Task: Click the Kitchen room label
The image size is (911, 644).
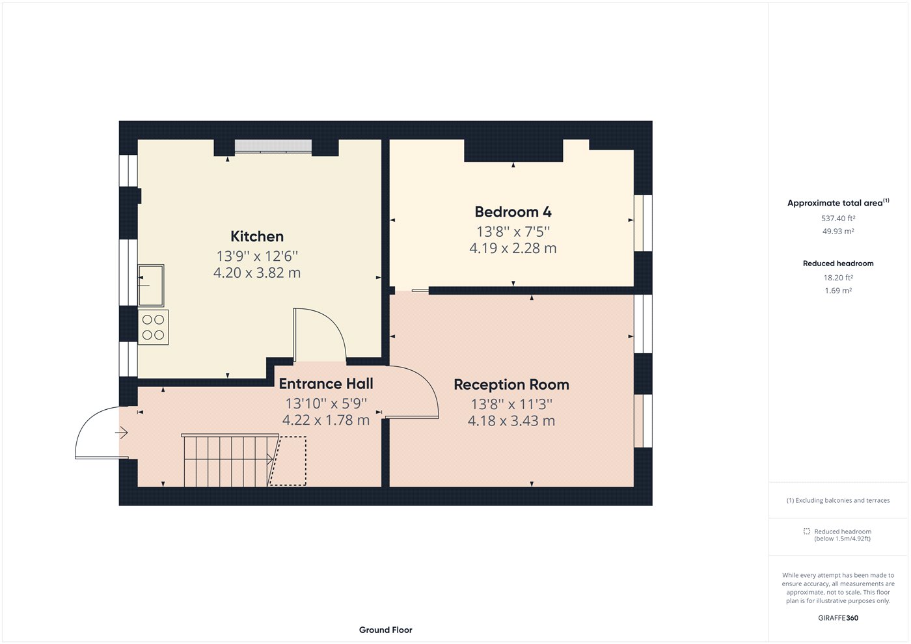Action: pyautogui.click(x=257, y=237)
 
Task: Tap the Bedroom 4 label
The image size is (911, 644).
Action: pyautogui.click(x=513, y=212)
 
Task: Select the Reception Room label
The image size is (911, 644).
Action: pyautogui.click(x=511, y=385)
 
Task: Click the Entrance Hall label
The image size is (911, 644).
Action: pyautogui.click(x=326, y=384)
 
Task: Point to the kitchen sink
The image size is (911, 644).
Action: pyautogui.click(x=151, y=285)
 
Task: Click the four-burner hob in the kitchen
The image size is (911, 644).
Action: pyautogui.click(x=153, y=327)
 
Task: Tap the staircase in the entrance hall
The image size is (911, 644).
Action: pyautogui.click(x=226, y=461)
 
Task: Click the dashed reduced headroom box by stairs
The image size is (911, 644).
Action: pyautogui.click(x=289, y=461)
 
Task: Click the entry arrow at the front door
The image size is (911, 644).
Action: pyautogui.click(x=122, y=432)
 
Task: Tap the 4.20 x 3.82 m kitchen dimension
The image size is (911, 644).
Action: pyautogui.click(x=257, y=273)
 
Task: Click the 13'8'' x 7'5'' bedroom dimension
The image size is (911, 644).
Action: pyautogui.click(x=513, y=232)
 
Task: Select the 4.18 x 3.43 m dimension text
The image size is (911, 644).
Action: pyautogui.click(x=511, y=422)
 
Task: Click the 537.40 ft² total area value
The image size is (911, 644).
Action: pyautogui.click(x=838, y=219)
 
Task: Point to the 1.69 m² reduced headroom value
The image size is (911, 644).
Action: pyautogui.click(x=838, y=291)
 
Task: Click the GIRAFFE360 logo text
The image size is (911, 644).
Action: pyautogui.click(x=838, y=618)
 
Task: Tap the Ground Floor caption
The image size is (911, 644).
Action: pyautogui.click(x=386, y=630)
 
